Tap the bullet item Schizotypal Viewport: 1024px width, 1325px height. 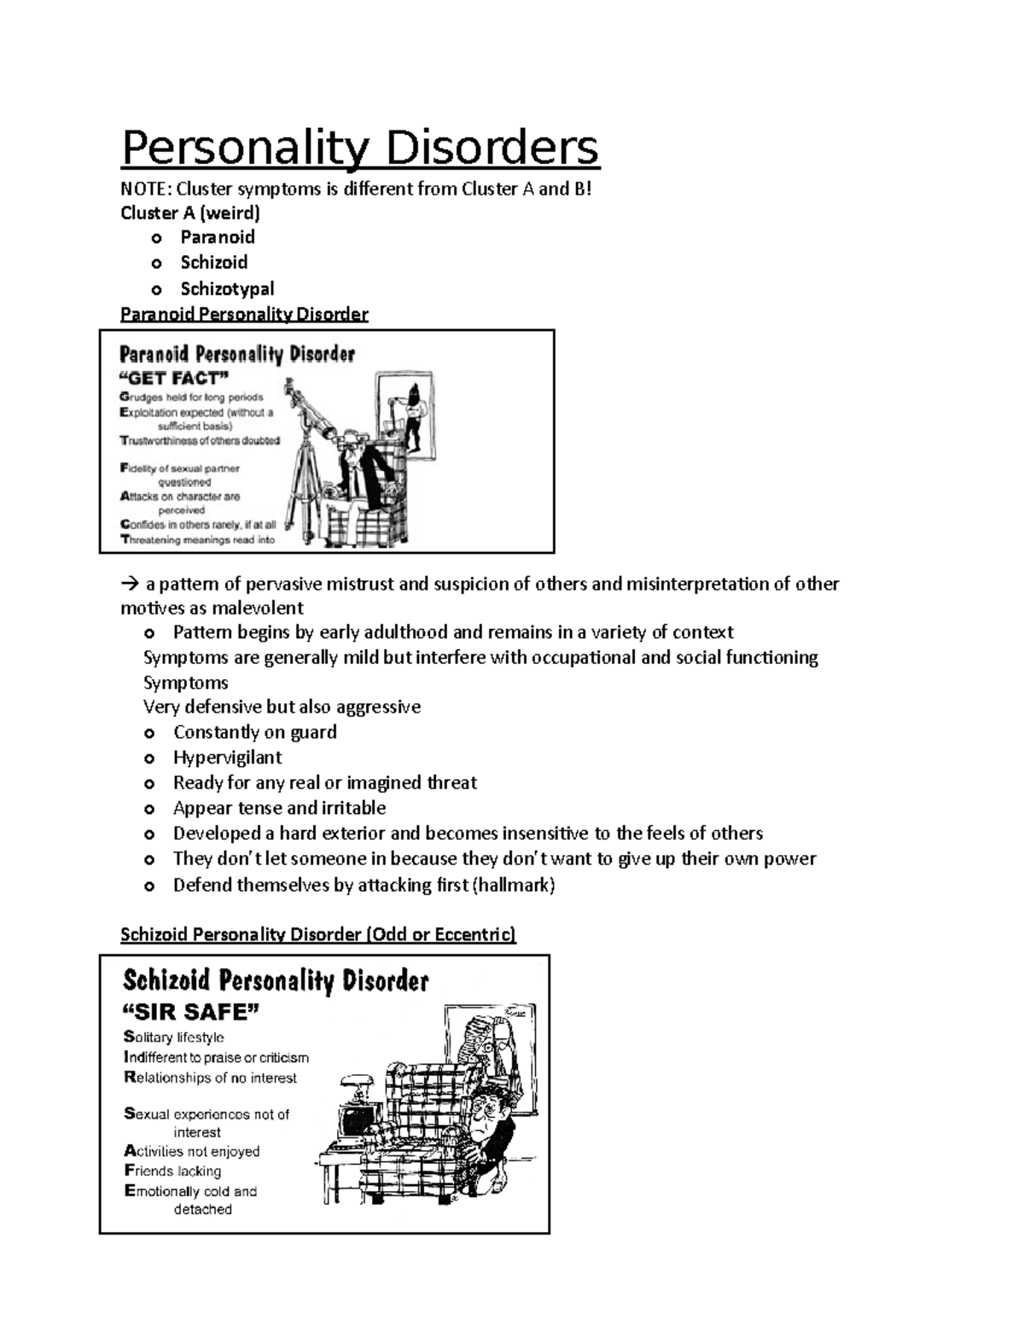point(227,288)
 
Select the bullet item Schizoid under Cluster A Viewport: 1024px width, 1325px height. point(213,263)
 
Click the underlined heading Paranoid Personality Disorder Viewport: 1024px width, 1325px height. point(244,314)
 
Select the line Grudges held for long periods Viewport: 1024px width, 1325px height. point(191,397)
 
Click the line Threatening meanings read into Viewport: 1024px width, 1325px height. point(197,539)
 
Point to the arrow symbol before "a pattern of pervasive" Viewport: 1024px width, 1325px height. point(130,584)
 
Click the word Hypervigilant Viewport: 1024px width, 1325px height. point(227,758)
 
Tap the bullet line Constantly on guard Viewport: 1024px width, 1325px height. point(254,732)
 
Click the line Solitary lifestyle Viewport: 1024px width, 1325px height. point(174,1037)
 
